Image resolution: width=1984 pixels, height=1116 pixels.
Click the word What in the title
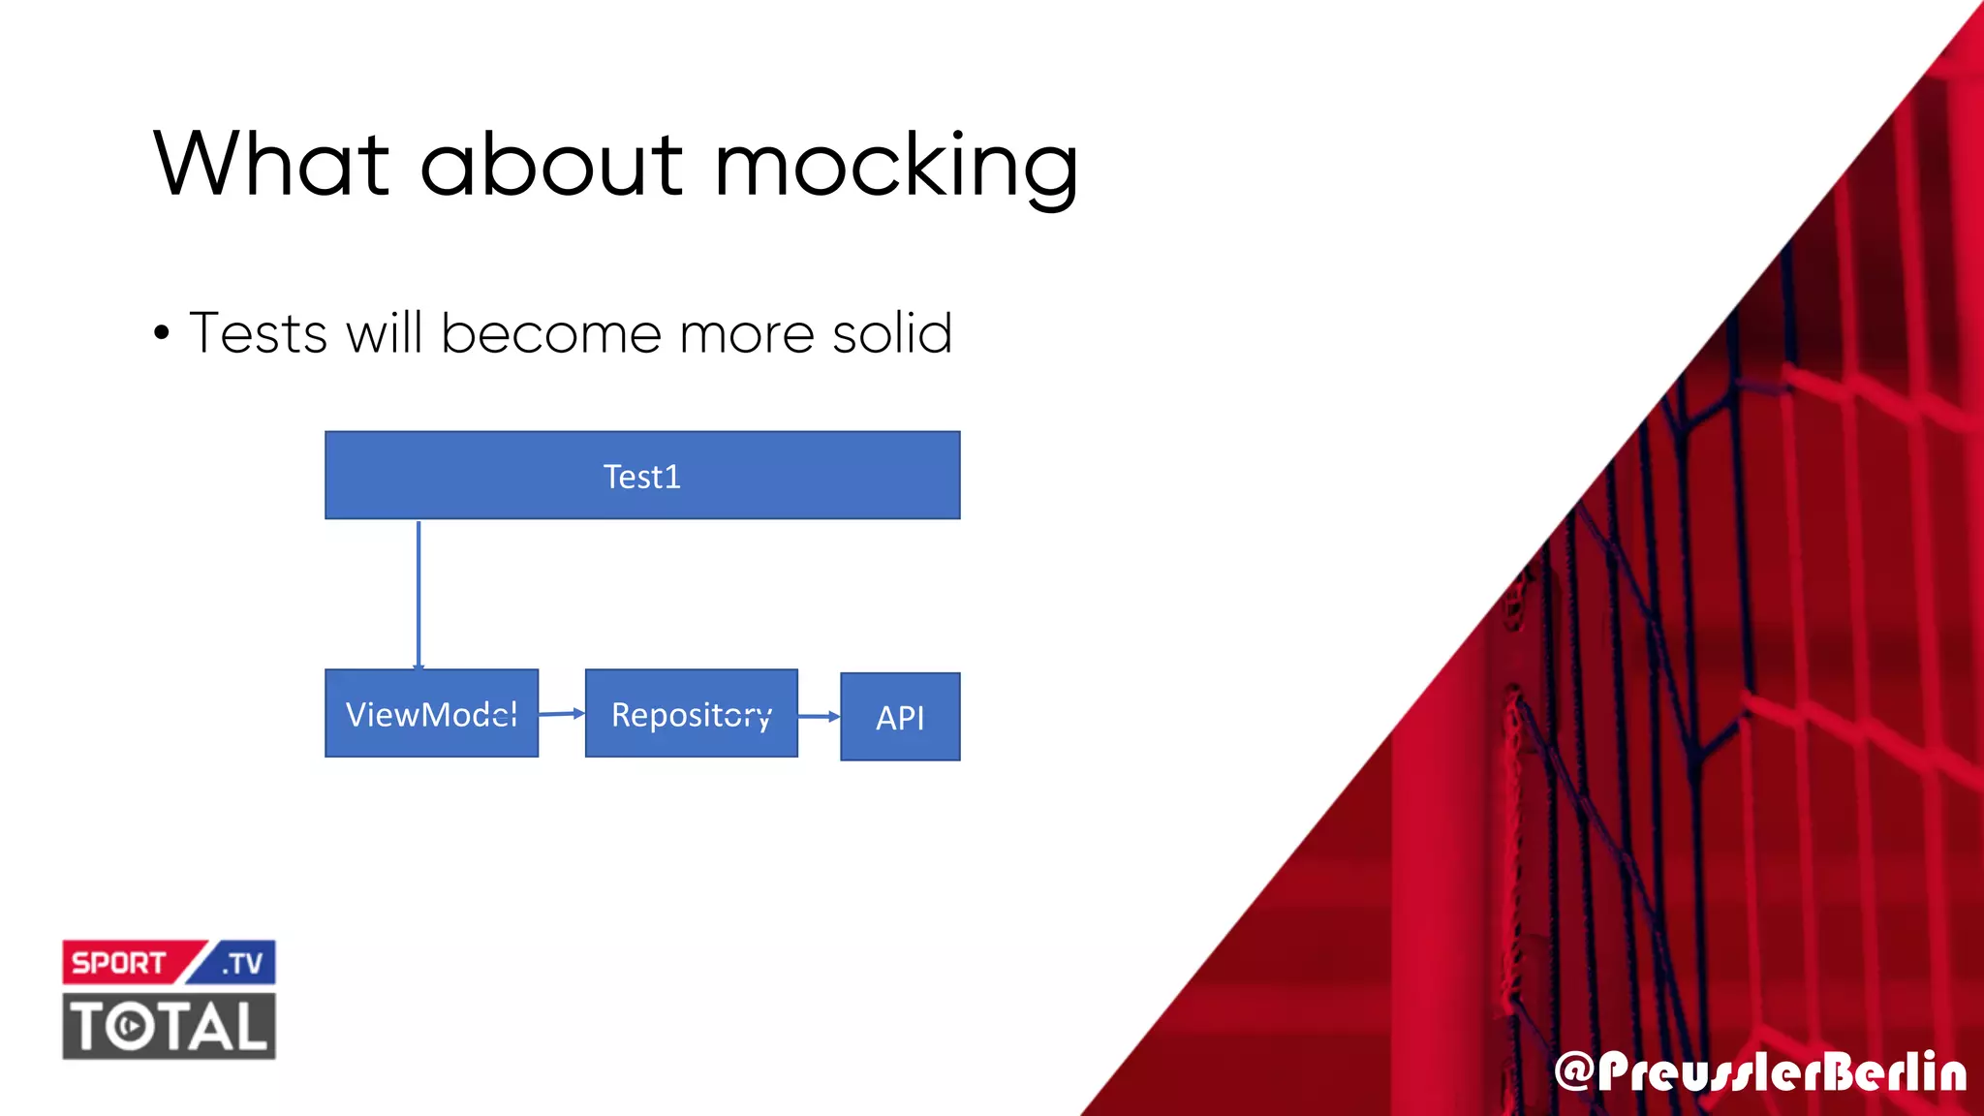tap(271, 164)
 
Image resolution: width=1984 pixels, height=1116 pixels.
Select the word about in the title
tap(552, 164)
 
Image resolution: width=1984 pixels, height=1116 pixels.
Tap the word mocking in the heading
tap(896, 167)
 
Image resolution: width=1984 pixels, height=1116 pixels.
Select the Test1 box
tap(642, 476)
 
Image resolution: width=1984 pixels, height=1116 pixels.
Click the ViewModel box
tap(431, 714)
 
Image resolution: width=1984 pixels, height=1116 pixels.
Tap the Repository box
tap(691, 714)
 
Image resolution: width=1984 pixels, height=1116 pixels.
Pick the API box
tap(900, 717)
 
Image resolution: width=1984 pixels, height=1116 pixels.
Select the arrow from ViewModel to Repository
tap(562, 714)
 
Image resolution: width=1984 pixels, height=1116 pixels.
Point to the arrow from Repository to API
tap(819, 716)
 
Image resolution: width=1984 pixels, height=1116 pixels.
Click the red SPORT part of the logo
tap(119, 963)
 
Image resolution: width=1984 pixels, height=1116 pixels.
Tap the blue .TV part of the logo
tap(242, 963)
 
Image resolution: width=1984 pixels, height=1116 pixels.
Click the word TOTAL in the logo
tap(170, 1026)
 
